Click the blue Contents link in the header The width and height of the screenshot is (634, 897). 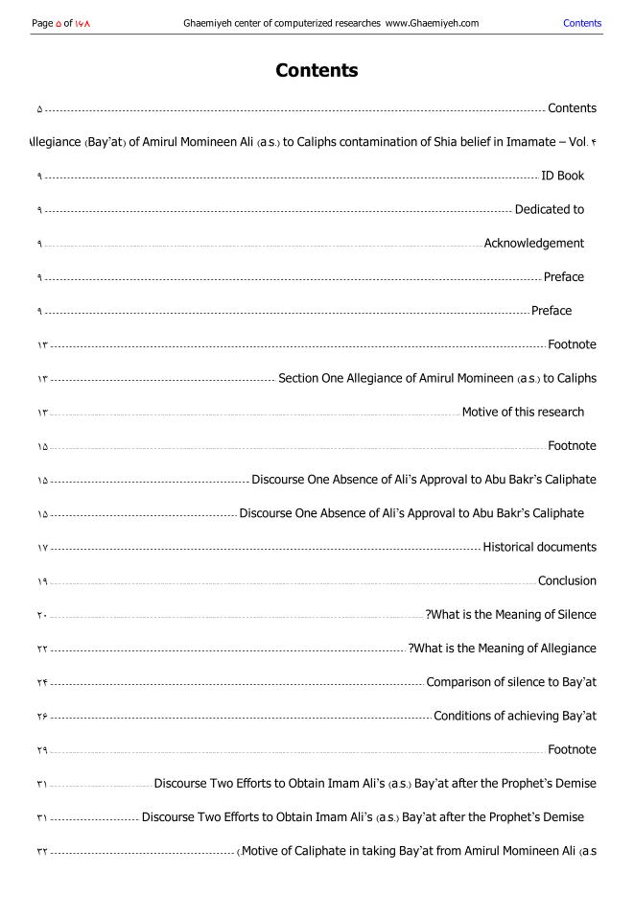tap(582, 23)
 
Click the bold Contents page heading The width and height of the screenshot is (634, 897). tap(317, 70)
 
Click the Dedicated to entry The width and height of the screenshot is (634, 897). tap(549, 209)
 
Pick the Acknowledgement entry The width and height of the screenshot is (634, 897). tap(533, 244)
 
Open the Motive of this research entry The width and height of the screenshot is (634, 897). tap(523, 413)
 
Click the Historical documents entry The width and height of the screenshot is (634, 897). tap(539, 547)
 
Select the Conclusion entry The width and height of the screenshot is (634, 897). tap(567, 580)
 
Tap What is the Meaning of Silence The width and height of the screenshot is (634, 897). tap(513, 615)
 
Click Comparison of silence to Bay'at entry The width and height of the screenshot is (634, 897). tap(511, 682)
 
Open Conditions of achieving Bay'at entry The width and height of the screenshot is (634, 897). tap(515, 716)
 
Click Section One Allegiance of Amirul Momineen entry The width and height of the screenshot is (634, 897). tap(436, 379)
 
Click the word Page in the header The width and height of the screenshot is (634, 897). tap(42, 23)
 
